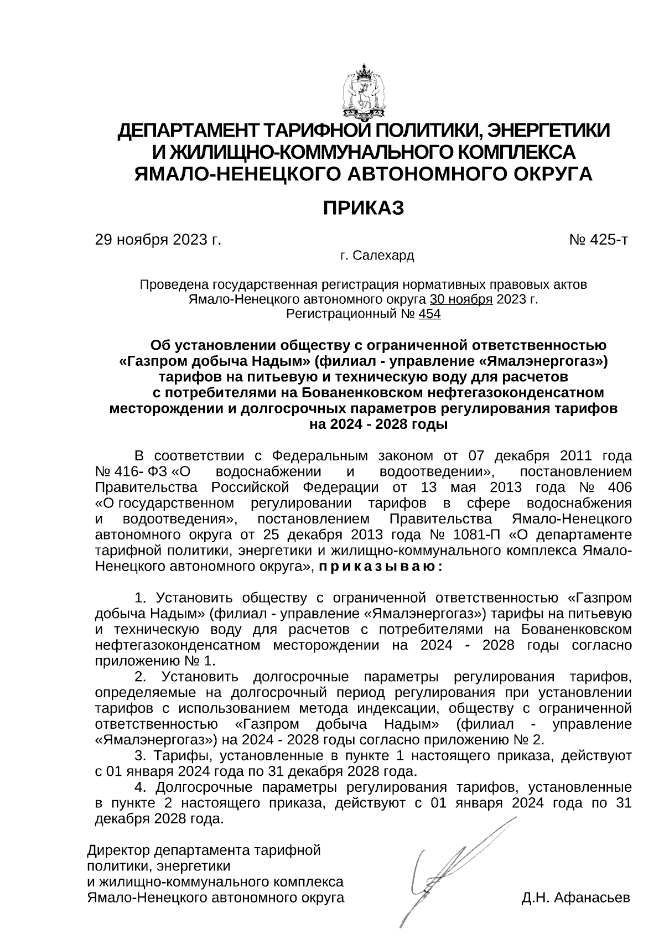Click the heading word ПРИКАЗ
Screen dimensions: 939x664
[x=364, y=208]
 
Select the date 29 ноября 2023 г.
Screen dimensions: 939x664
[x=158, y=240]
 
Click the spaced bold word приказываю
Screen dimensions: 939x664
[x=378, y=567]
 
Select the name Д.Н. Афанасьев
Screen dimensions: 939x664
[x=575, y=898]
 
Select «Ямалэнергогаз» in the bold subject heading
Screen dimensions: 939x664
[x=540, y=361]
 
